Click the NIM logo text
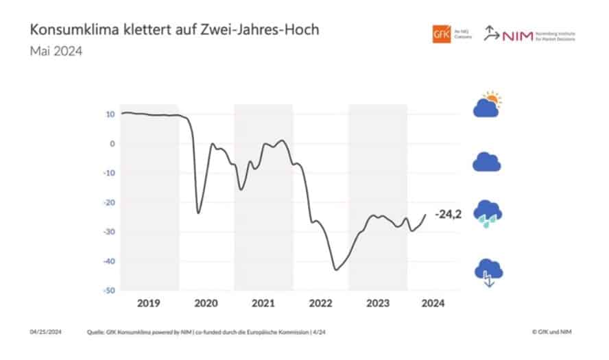(x=516, y=34)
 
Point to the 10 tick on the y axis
(x=110, y=115)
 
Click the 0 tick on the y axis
(x=112, y=144)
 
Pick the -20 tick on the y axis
(x=108, y=203)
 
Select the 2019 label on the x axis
(x=149, y=303)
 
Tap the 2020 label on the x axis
(x=206, y=303)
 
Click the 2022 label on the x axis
(x=320, y=303)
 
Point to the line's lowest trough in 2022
(x=336, y=269)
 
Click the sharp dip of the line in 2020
(x=199, y=213)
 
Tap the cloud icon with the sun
(x=488, y=104)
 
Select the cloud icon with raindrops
(x=488, y=213)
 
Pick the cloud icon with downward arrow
(x=488, y=272)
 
